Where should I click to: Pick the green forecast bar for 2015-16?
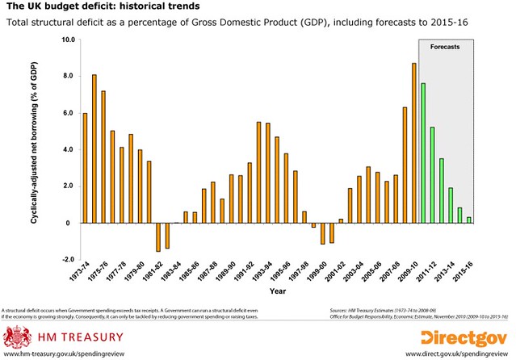469,220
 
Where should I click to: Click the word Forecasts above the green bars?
445,48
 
